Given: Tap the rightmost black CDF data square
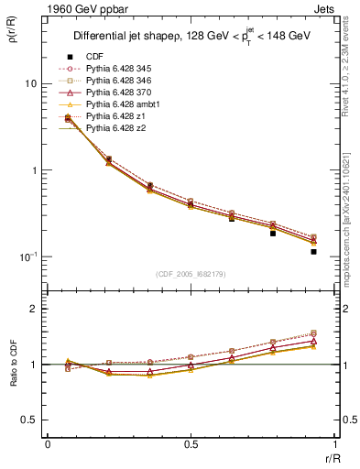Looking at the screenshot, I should tap(313, 251).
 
